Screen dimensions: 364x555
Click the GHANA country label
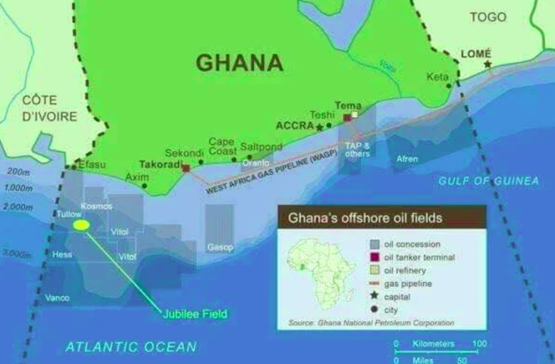[x=237, y=63]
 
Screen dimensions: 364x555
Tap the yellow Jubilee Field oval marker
[x=81, y=225]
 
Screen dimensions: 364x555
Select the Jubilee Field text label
[x=194, y=315]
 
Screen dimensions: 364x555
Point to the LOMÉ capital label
[x=476, y=54]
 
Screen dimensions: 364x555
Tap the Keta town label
[x=437, y=76]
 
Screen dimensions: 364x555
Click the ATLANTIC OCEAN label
[x=131, y=346]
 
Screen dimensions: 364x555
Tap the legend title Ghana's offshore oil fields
[x=365, y=219]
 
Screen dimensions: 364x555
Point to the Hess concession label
[x=62, y=254]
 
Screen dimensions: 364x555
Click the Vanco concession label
[x=58, y=298]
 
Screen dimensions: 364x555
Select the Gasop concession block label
[x=220, y=247]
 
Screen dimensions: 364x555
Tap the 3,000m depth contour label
[x=17, y=252]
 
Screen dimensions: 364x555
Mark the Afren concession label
[x=407, y=159]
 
